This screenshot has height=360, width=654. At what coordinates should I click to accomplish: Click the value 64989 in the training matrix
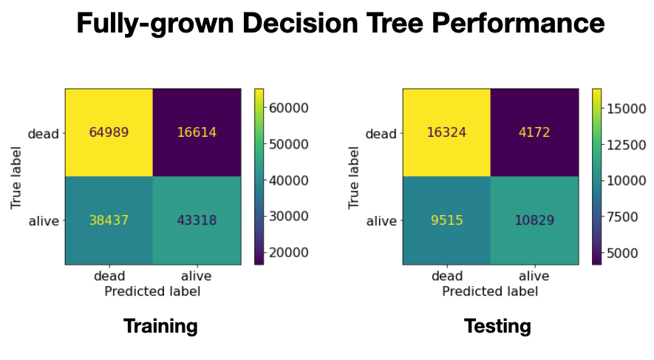[109, 133]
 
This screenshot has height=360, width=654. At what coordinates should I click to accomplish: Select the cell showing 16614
[197, 133]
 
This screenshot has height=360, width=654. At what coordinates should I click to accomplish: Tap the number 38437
[109, 220]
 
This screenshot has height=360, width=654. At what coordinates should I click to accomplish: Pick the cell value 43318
[197, 220]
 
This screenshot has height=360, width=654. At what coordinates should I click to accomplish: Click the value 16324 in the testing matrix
[446, 133]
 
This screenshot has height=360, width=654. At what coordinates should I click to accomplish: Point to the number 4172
[534, 133]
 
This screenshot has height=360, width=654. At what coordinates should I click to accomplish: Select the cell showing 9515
[446, 220]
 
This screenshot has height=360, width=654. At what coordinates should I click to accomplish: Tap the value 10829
[534, 220]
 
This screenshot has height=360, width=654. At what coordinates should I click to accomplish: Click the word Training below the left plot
[160, 325]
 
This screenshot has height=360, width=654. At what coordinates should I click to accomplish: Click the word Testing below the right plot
[497, 325]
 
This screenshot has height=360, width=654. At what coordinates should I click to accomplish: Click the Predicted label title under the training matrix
[152, 291]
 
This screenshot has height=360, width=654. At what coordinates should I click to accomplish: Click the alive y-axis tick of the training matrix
[44, 220]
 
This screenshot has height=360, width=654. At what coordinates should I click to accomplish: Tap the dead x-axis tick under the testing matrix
[446, 276]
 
